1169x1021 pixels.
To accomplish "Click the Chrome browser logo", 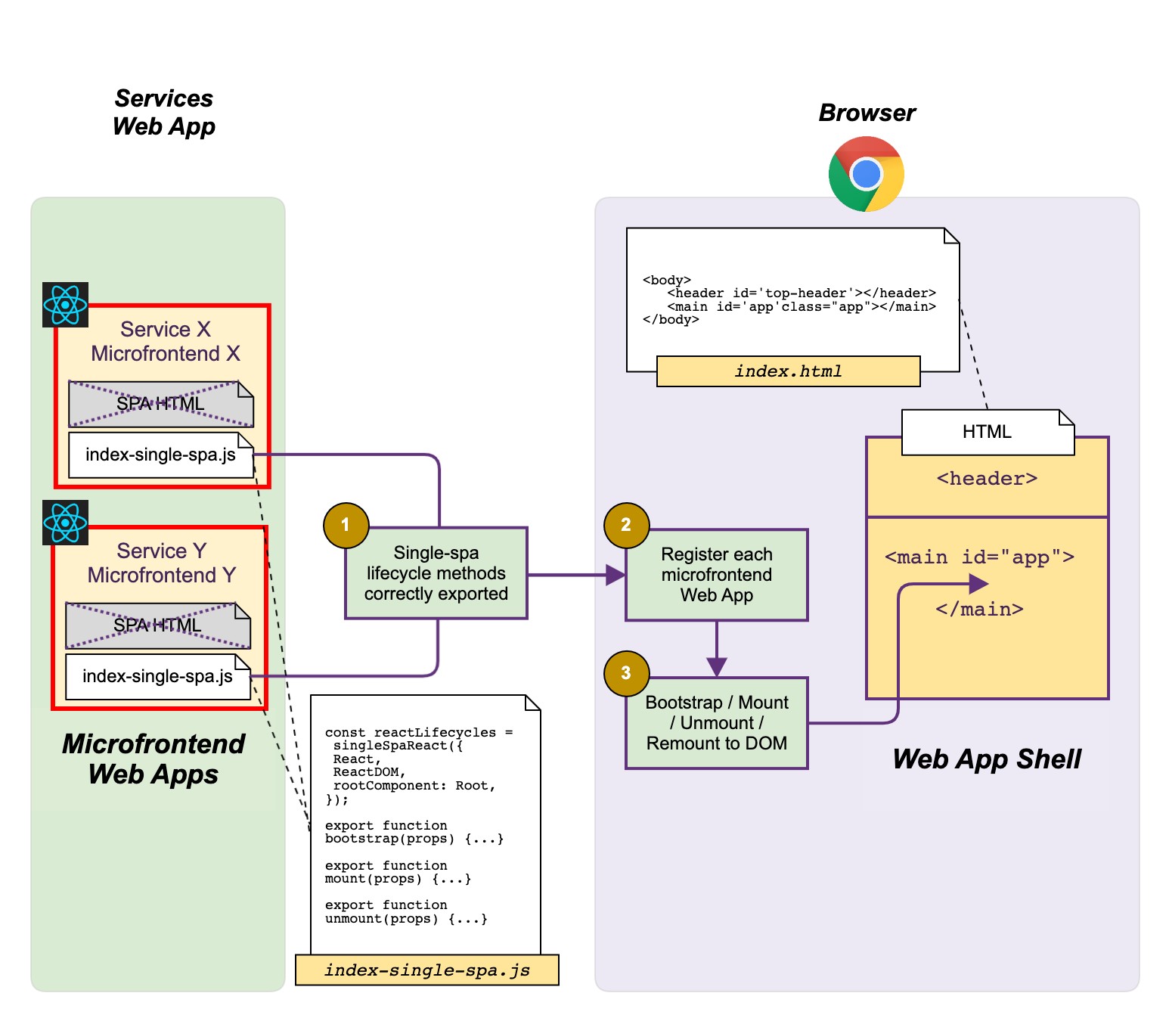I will click(x=866, y=174).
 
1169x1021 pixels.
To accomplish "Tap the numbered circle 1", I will click(x=346, y=525).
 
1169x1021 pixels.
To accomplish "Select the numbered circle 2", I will click(x=626, y=525).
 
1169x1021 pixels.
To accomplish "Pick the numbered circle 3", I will click(x=626, y=673).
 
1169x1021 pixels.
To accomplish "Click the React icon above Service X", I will click(x=65, y=305).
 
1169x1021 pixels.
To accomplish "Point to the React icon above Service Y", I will click(x=65, y=523).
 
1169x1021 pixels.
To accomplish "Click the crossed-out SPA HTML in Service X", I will click(x=160, y=404).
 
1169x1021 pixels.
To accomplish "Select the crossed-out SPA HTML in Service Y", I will click(x=157, y=625).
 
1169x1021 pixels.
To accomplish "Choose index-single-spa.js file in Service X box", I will click(x=160, y=455).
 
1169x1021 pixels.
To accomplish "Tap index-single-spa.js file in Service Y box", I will click(x=157, y=677).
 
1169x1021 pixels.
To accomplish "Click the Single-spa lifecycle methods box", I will click(x=436, y=573).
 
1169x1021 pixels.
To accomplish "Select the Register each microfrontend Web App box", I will click(x=717, y=575).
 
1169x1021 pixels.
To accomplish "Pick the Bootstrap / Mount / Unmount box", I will click(x=717, y=723).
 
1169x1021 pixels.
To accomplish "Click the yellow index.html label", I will click(x=788, y=371).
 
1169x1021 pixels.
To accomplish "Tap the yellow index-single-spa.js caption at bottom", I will click(x=426, y=970).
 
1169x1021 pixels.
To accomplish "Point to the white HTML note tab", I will click(x=987, y=432).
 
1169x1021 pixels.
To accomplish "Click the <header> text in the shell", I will click(x=987, y=479).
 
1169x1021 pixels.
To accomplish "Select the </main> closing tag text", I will click(x=979, y=610).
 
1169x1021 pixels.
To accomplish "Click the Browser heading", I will click(x=867, y=113).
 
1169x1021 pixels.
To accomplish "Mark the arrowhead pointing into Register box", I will click(x=616, y=576).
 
